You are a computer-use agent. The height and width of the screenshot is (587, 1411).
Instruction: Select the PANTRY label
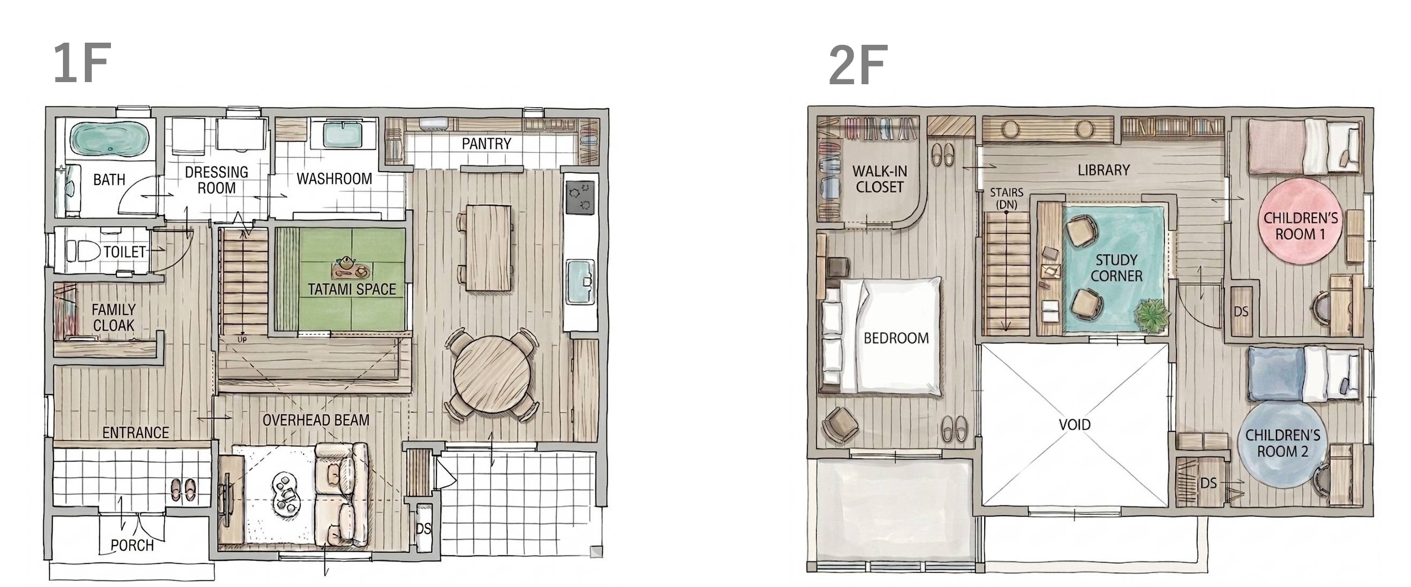pos(487,144)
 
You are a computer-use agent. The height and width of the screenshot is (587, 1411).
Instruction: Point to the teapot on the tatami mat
pos(345,263)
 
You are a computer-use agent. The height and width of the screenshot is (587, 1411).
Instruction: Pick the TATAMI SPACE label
pos(352,289)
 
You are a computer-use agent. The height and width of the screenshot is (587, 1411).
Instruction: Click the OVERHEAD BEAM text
pos(316,421)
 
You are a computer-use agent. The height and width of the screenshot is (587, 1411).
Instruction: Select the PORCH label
pos(132,545)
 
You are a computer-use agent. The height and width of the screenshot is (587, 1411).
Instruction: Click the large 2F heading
pos(857,65)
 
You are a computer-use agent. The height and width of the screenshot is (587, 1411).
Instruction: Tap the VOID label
pos(1075,424)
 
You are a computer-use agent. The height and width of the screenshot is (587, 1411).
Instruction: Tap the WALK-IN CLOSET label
pos(880,179)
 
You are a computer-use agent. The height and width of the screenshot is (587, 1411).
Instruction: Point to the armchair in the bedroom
pos(840,425)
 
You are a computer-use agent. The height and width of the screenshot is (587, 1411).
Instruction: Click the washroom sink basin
pos(343,135)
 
